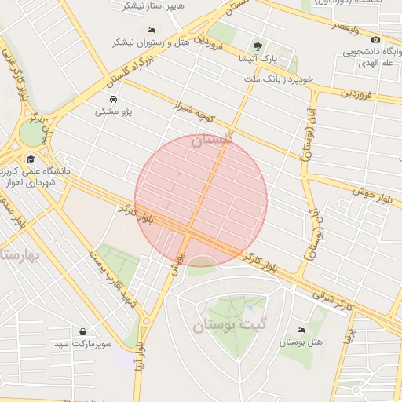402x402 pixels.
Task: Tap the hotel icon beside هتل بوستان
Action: coord(301,331)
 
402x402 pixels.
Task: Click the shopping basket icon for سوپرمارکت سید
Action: coord(83,331)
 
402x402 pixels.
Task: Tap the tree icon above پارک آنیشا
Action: coord(257,46)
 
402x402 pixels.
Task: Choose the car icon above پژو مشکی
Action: coord(114,100)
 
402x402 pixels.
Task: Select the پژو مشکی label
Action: coord(114,112)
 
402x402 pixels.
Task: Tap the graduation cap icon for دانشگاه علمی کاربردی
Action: coord(30,159)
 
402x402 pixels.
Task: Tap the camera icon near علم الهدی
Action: coord(375,40)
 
